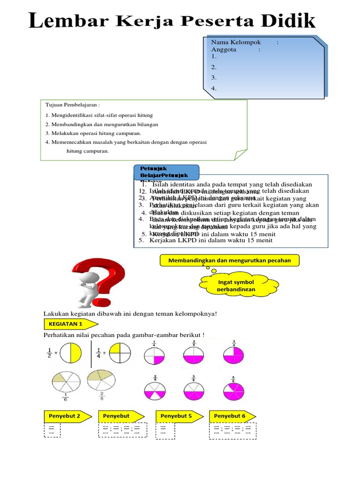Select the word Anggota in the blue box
(224, 49)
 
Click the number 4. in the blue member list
(214, 88)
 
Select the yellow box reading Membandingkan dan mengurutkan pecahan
(229, 260)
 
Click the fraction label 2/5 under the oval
(102, 397)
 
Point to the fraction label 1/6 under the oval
(64, 398)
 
